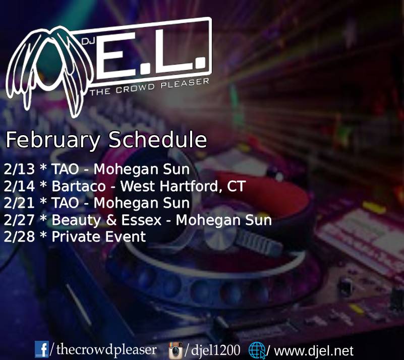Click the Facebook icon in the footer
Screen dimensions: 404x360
[x=41, y=349]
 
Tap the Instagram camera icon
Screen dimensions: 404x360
[x=176, y=350]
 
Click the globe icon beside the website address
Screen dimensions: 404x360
[x=257, y=350]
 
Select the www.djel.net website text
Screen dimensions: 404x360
[x=314, y=351]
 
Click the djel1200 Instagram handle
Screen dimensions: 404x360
[x=216, y=350]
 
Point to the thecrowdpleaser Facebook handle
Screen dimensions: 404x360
[x=106, y=350]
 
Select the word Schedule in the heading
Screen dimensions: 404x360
[x=158, y=139]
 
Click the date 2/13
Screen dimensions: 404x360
[x=19, y=169]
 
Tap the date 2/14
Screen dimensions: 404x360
[x=19, y=186]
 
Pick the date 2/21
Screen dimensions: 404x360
[x=19, y=203]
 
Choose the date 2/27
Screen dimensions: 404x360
[x=19, y=220]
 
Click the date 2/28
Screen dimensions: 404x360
[x=19, y=237]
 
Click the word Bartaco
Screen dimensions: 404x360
[x=79, y=186]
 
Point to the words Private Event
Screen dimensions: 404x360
[x=99, y=237]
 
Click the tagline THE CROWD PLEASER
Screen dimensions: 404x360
[x=149, y=87]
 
